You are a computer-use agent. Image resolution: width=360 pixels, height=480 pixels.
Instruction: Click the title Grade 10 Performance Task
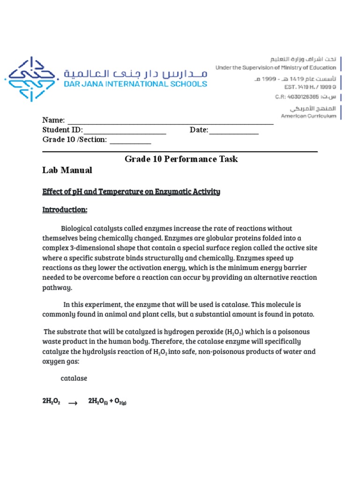click(181, 159)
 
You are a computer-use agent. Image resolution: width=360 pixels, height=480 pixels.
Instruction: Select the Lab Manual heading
click(67, 171)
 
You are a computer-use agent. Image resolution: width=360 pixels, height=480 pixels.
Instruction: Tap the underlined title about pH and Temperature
click(131, 192)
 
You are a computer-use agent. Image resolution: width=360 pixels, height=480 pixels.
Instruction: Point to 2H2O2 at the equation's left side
click(51, 402)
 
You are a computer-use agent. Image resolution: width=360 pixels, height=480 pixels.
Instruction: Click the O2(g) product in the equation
click(119, 402)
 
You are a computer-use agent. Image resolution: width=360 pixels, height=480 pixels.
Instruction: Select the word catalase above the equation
click(74, 378)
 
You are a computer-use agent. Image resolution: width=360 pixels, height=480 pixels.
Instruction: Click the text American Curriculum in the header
click(308, 116)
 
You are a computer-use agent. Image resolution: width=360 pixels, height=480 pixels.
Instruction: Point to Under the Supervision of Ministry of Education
click(275, 67)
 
